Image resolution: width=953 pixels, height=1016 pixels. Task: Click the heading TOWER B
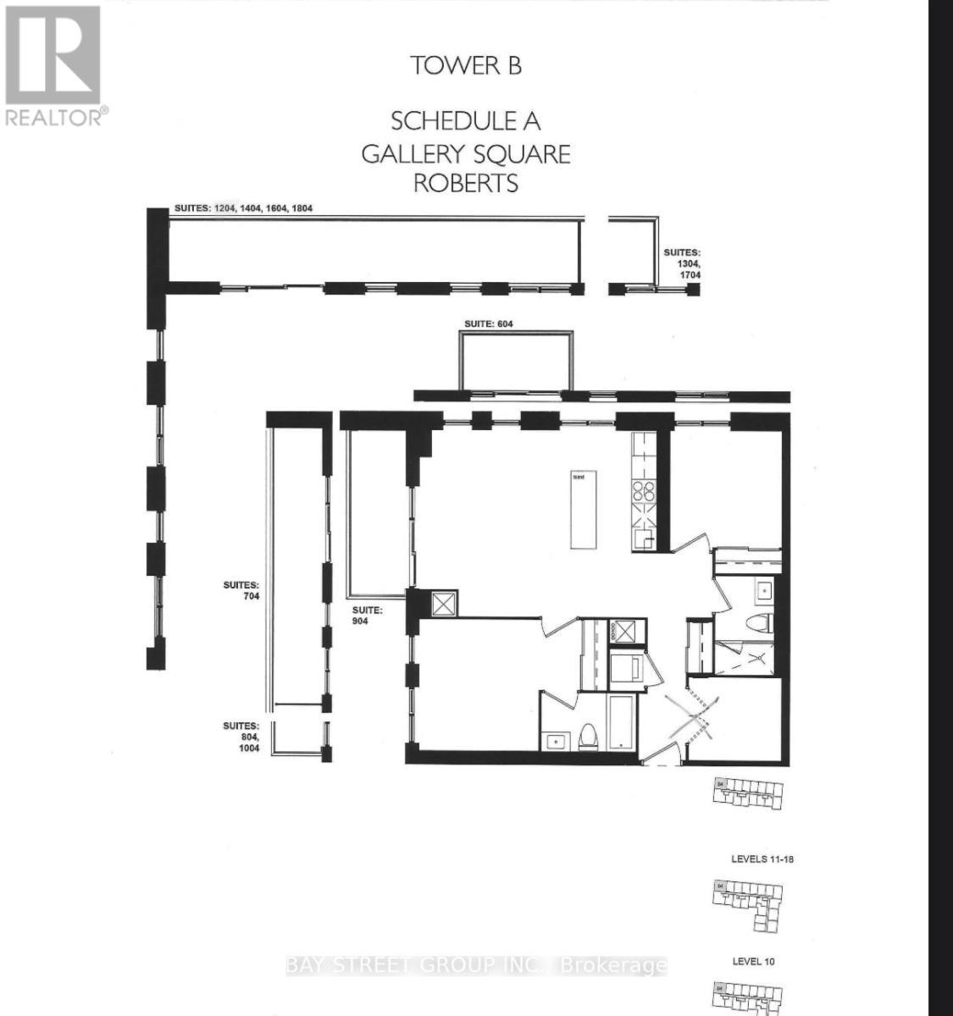pyautogui.click(x=466, y=65)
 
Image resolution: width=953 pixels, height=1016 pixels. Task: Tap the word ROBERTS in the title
pyautogui.click(x=466, y=183)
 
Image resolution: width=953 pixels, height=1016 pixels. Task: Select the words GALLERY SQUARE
pyautogui.click(x=466, y=154)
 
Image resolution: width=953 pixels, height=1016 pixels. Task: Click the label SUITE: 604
pyautogui.click(x=489, y=323)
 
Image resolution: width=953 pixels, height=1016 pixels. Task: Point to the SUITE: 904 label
pyautogui.click(x=368, y=614)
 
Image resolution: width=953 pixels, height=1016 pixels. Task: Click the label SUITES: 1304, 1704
pyautogui.click(x=683, y=263)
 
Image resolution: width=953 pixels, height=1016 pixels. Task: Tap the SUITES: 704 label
pyautogui.click(x=241, y=590)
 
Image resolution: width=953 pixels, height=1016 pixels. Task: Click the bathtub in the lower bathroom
pyautogui.click(x=621, y=722)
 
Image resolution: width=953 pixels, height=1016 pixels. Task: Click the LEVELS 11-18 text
pyautogui.click(x=762, y=859)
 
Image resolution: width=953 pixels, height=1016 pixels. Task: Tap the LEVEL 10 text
pyautogui.click(x=753, y=961)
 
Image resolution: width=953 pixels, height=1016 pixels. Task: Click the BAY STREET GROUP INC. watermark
pyautogui.click(x=476, y=965)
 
